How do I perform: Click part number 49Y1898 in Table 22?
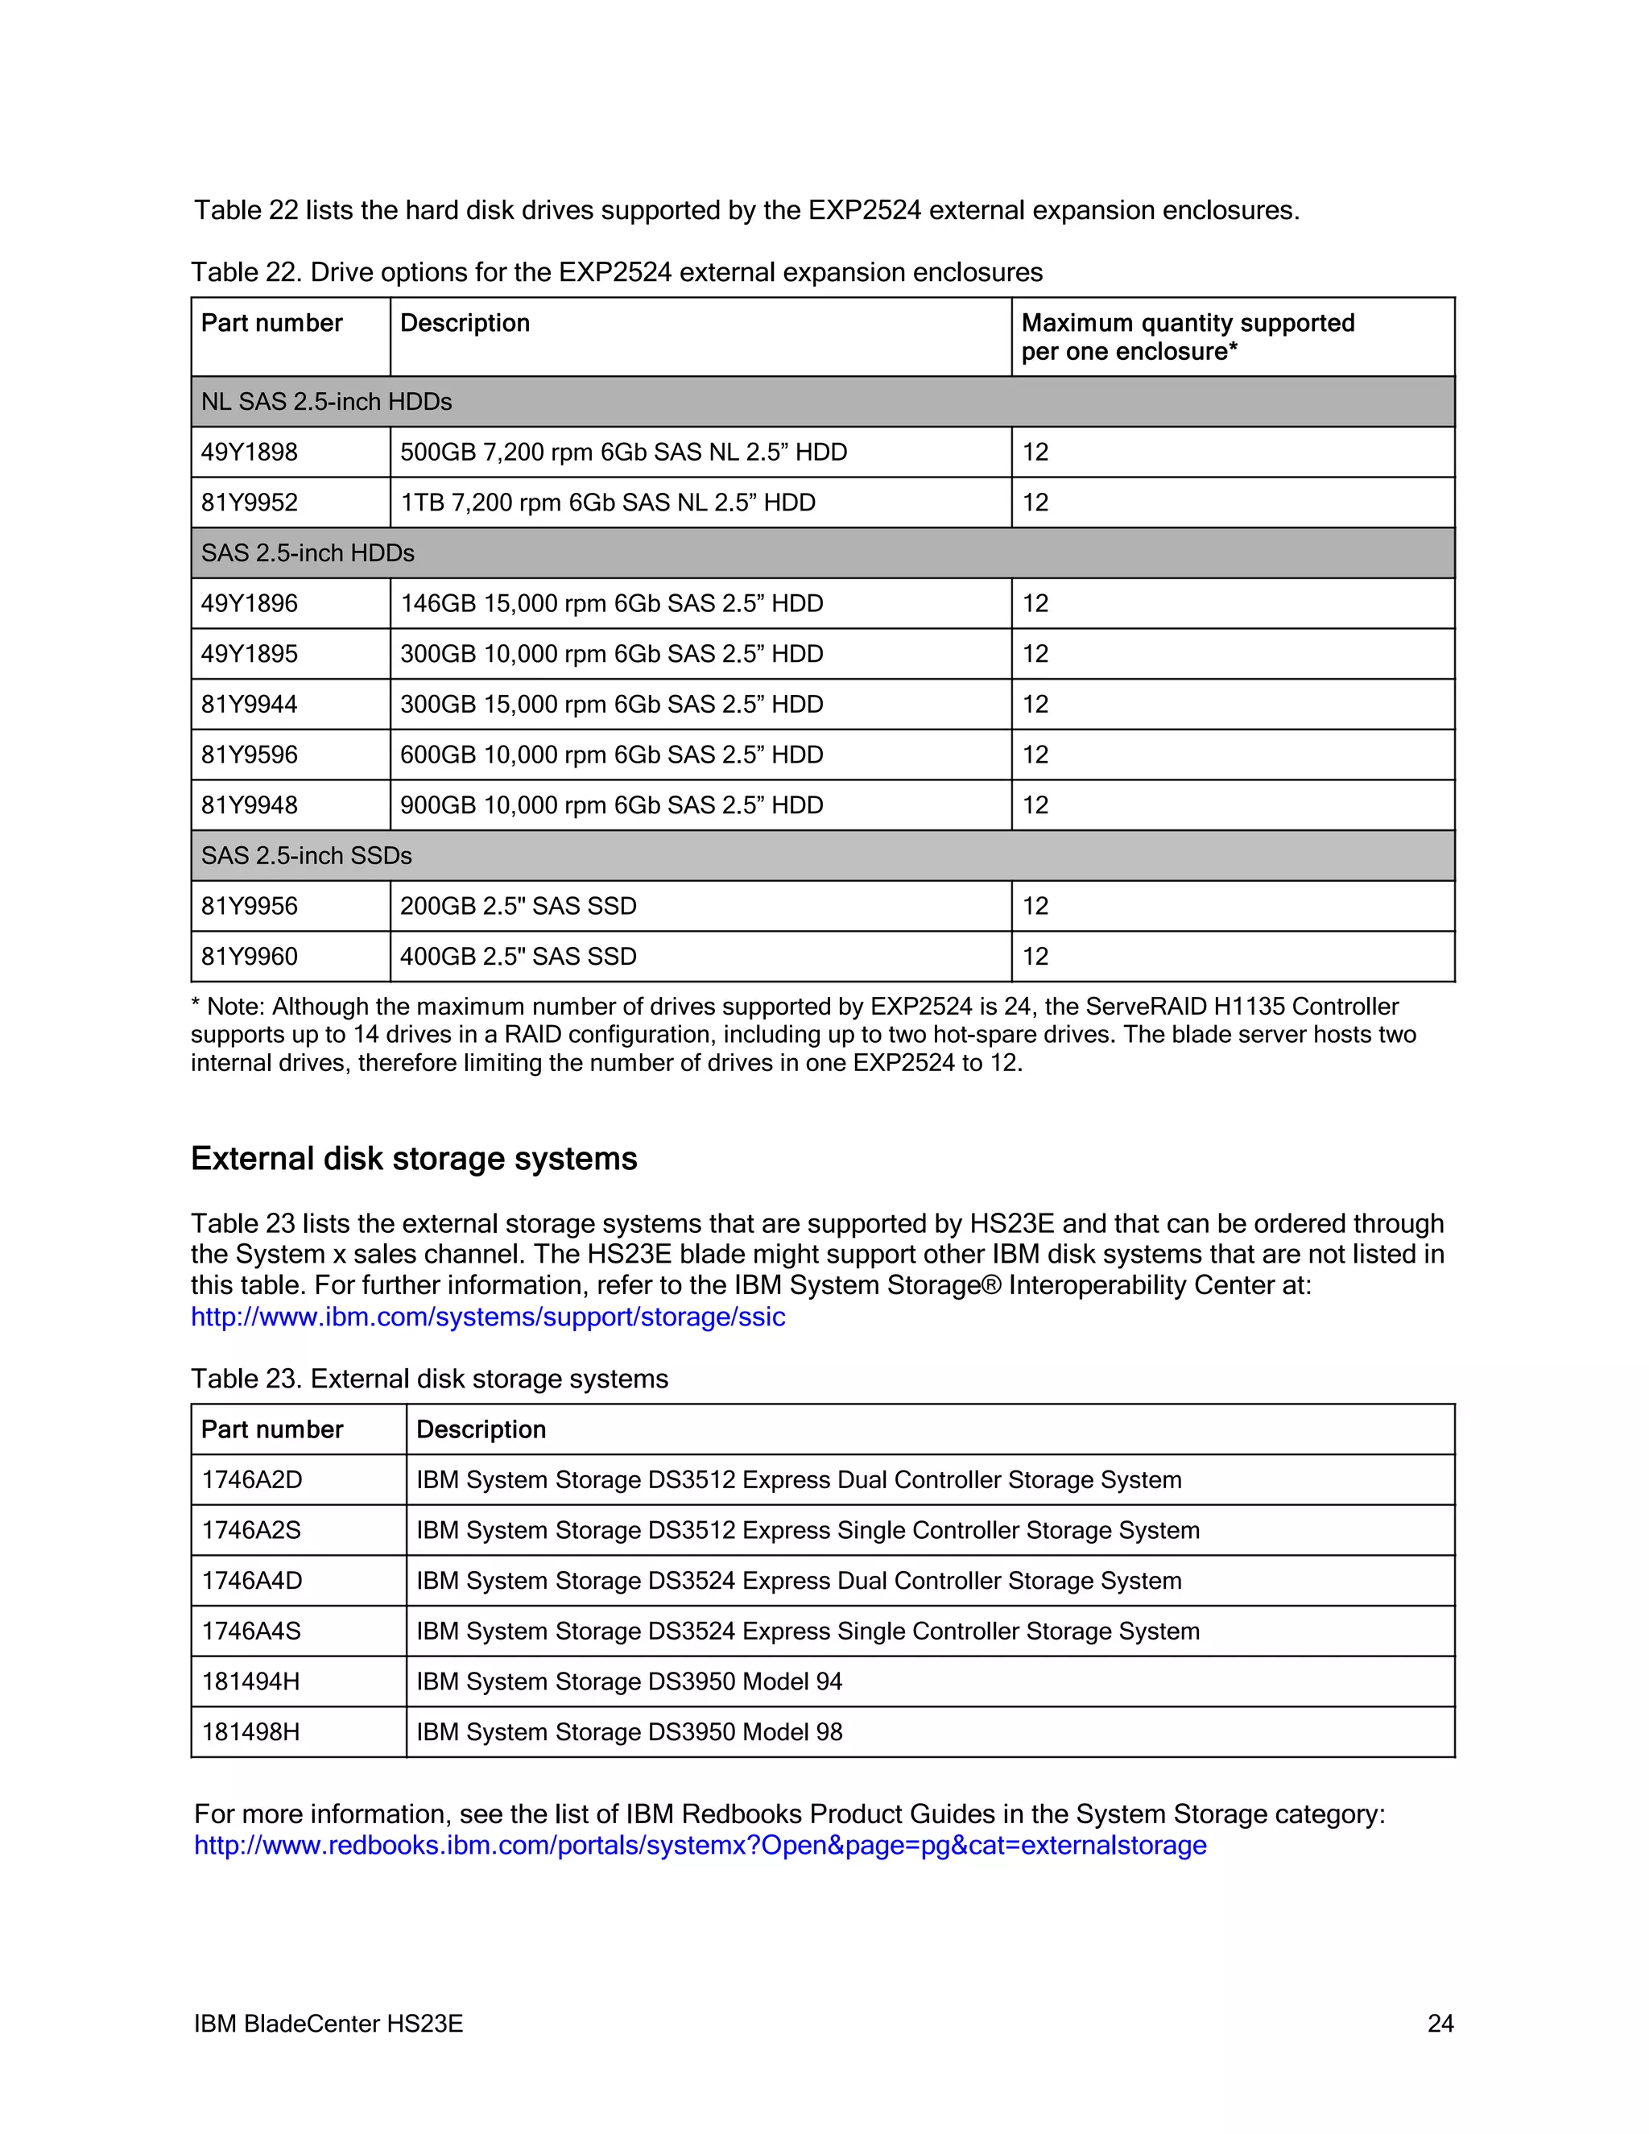[x=250, y=453]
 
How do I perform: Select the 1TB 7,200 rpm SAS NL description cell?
[x=608, y=503]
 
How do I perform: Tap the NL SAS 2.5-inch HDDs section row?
[x=326, y=402]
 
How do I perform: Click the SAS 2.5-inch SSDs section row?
[x=307, y=856]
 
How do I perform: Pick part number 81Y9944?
[x=250, y=705]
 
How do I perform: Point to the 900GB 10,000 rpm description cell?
[x=612, y=805]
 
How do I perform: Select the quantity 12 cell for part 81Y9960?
[x=1035, y=957]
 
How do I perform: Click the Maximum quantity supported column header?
[x=1187, y=337]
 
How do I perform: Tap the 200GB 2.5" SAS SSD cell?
[x=518, y=907]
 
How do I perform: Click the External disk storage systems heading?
[x=414, y=1159]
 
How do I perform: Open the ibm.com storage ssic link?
[x=487, y=1317]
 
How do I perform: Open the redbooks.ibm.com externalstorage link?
[x=700, y=1846]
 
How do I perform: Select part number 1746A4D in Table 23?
[x=252, y=1581]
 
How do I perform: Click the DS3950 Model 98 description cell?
[x=629, y=1732]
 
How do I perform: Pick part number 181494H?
[x=251, y=1681]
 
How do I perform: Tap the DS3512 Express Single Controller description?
[x=807, y=1531]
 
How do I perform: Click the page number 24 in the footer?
[x=1440, y=2024]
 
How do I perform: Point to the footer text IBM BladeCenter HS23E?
[x=329, y=2024]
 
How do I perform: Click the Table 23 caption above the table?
[x=430, y=1379]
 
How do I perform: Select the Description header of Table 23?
[x=481, y=1429]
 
